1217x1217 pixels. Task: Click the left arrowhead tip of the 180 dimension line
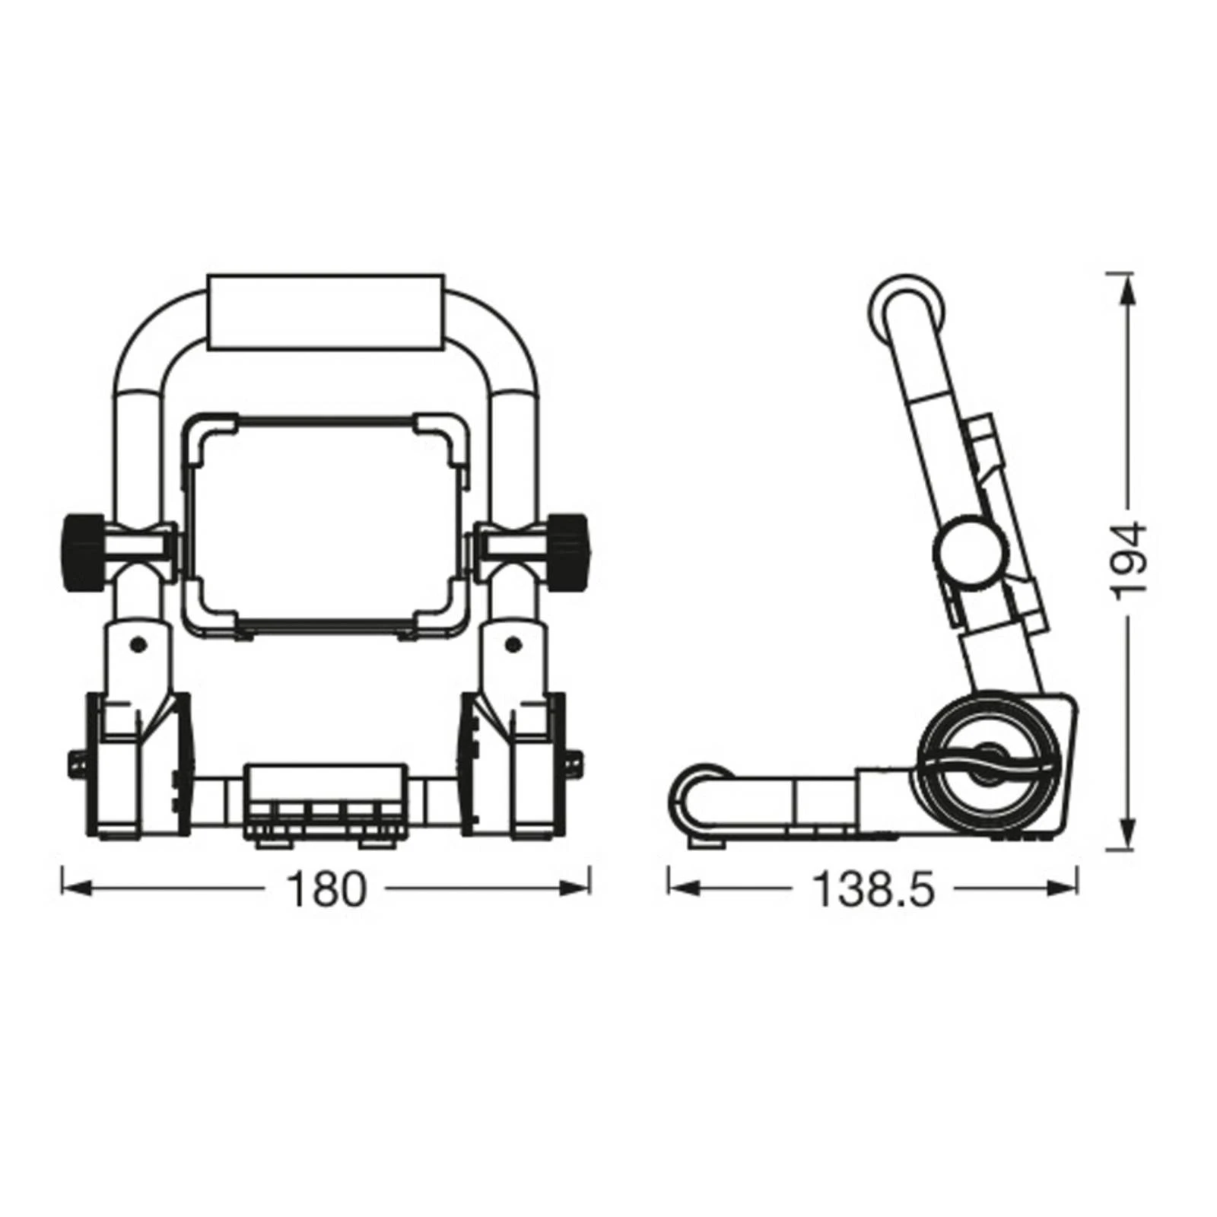tap(62, 888)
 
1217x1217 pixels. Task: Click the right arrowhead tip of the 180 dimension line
tap(589, 888)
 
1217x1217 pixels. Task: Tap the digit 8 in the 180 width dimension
tap(326, 889)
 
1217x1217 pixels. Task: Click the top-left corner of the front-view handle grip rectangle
tap(208, 275)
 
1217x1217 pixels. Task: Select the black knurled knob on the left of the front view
tap(83, 551)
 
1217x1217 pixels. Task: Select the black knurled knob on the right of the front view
tap(568, 551)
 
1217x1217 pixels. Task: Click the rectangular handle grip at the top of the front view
tap(326, 313)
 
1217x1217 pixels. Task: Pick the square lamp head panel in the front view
tap(326, 525)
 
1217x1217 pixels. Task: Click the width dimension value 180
tap(326, 889)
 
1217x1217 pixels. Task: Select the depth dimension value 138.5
tap(872, 889)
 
